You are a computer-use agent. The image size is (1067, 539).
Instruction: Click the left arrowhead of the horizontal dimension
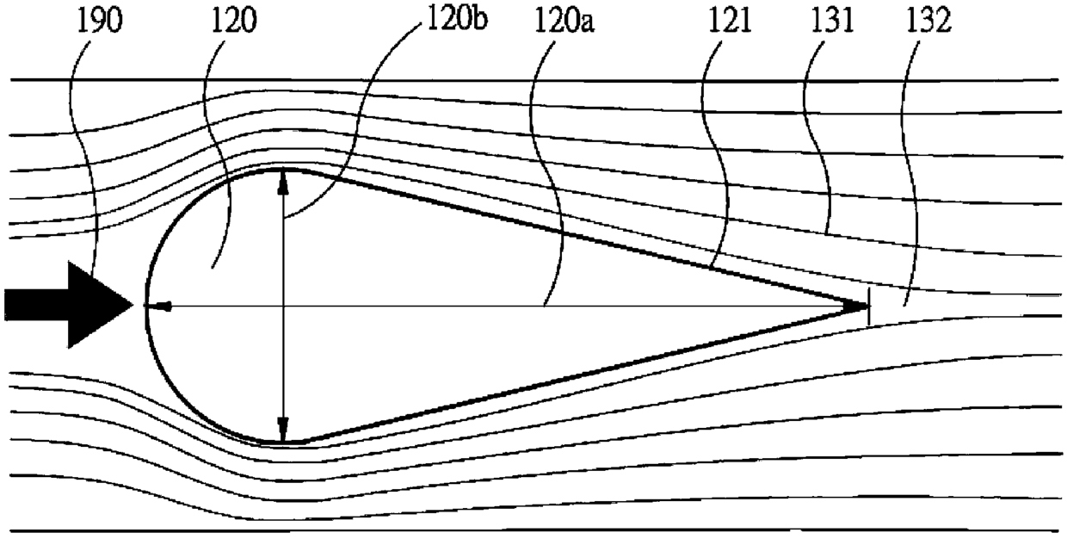coord(160,305)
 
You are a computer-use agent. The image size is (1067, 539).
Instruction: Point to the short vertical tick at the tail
coord(869,306)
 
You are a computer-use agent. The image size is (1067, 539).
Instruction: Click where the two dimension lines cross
coord(283,305)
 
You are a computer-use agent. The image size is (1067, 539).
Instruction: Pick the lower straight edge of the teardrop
coord(585,372)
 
